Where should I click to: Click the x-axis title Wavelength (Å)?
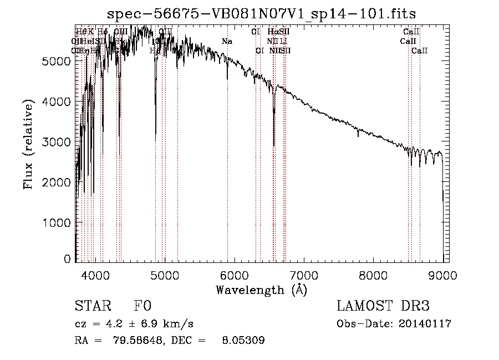pyautogui.click(x=261, y=290)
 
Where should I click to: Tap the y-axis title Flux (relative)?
pyautogui.click(x=28, y=144)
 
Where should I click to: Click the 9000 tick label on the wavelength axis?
pyautogui.click(x=442, y=273)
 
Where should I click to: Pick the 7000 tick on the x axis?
pyautogui.click(x=304, y=273)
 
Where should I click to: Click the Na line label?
pyautogui.click(x=227, y=41)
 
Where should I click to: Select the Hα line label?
pyautogui.click(x=272, y=32)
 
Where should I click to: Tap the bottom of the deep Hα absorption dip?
pyautogui.click(x=274, y=145)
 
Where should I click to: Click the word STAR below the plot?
pyautogui.click(x=93, y=307)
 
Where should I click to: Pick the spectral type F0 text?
pyautogui.click(x=142, y=307)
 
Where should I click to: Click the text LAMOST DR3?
pyautogui.click(x=383, y=307)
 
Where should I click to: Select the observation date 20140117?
pyautogui.click(x=425, y=324)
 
